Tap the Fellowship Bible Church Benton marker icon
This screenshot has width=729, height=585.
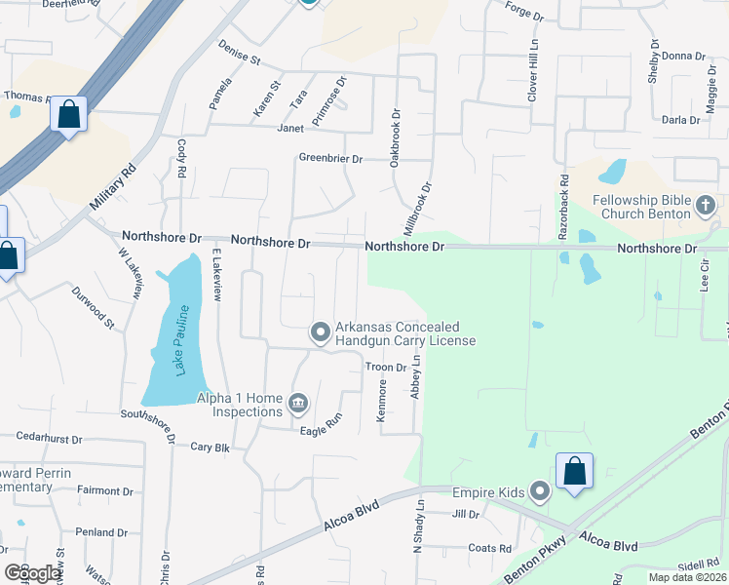pyautogui.click(x=707, y=205)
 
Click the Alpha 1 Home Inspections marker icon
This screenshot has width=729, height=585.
pyautogui.click(x=298, y=402)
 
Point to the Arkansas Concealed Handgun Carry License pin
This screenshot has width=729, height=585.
pyautogui.click(x=320, y=333)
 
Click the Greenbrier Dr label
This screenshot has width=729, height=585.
pyautogui.click(x=330, y=158)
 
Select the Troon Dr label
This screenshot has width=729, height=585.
pyautogui.click(x=386, y=368)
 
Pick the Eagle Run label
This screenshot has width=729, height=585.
pyautogui.click(x=322, y=430)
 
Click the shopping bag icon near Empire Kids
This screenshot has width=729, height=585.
pyautogui.click(x=575, y=470)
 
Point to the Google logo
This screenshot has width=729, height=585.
pyautogui.click(x=33, y=573)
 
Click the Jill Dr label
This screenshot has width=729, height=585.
pyautogui.click(x=466, y=514)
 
